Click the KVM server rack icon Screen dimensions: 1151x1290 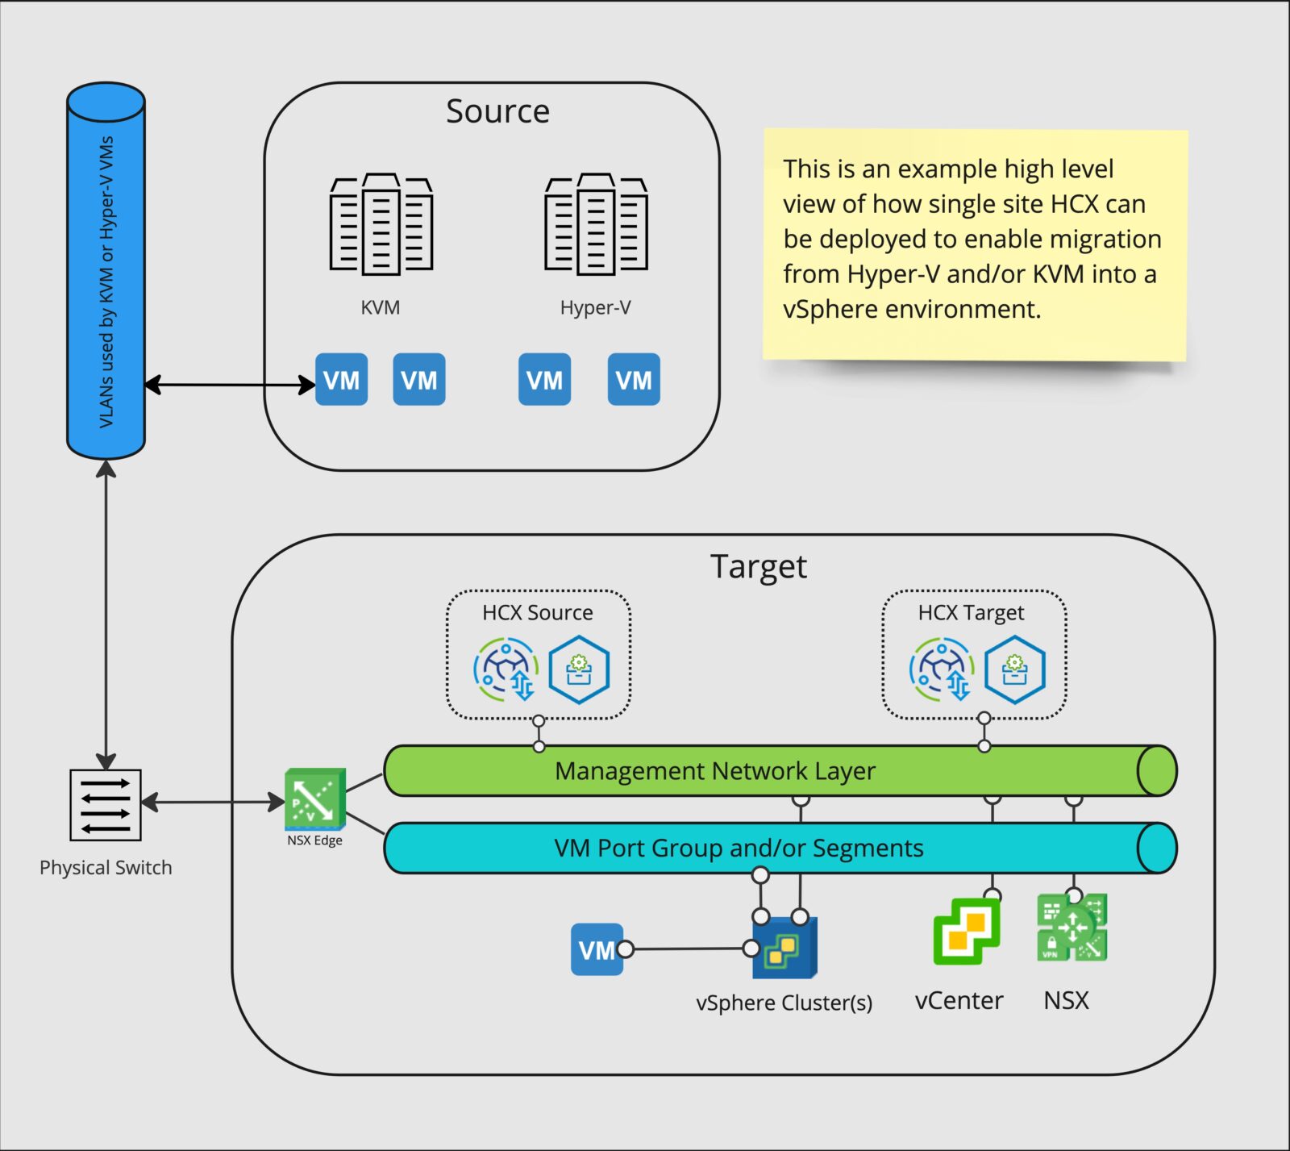(x=381, y=224)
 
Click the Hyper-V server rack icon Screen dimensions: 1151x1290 (x=596, y=224)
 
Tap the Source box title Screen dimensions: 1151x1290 (x=497, y=111)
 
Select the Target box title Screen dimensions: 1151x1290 (x=758, y=567)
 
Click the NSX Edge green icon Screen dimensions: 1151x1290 (x=314, y=799)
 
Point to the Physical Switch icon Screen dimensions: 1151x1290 (x=106, y=804)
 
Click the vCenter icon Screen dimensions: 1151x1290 (x=966, y=931)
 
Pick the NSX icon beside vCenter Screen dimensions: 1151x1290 (x=1072, y=928)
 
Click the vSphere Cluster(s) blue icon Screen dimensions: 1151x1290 (x=784, y=948)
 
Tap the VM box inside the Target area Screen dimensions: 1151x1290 (x=597, y=949)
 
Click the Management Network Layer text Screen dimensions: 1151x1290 (x=714, y=771)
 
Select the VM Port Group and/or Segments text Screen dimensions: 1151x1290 (x=739, y=849)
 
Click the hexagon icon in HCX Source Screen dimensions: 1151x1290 (x=579, y=669)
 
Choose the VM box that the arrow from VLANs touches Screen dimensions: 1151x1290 (x=341, y=380)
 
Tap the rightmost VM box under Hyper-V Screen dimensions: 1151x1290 (x=633, y=380)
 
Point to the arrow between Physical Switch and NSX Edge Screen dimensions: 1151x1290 (x=213, y=802)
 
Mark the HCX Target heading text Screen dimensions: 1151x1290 (x=971, y=613)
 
